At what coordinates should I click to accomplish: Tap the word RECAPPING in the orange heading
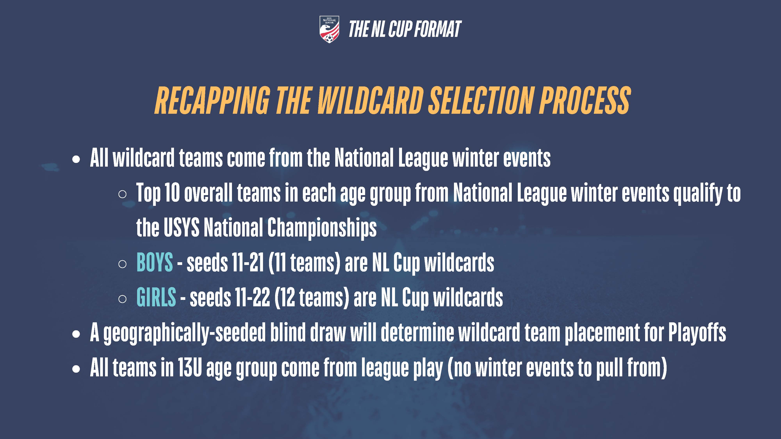(x=212, y=100)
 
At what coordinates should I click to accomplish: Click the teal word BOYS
(x=155, y=262)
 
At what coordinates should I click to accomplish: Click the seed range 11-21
(x=248, y=262)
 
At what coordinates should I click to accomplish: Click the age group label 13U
(x=190, y=368)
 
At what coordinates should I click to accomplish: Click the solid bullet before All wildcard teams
(x=76, y=159)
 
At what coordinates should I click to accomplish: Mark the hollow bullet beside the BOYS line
(x=122, y=264)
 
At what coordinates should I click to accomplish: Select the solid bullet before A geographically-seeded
(x=76, y=334)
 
